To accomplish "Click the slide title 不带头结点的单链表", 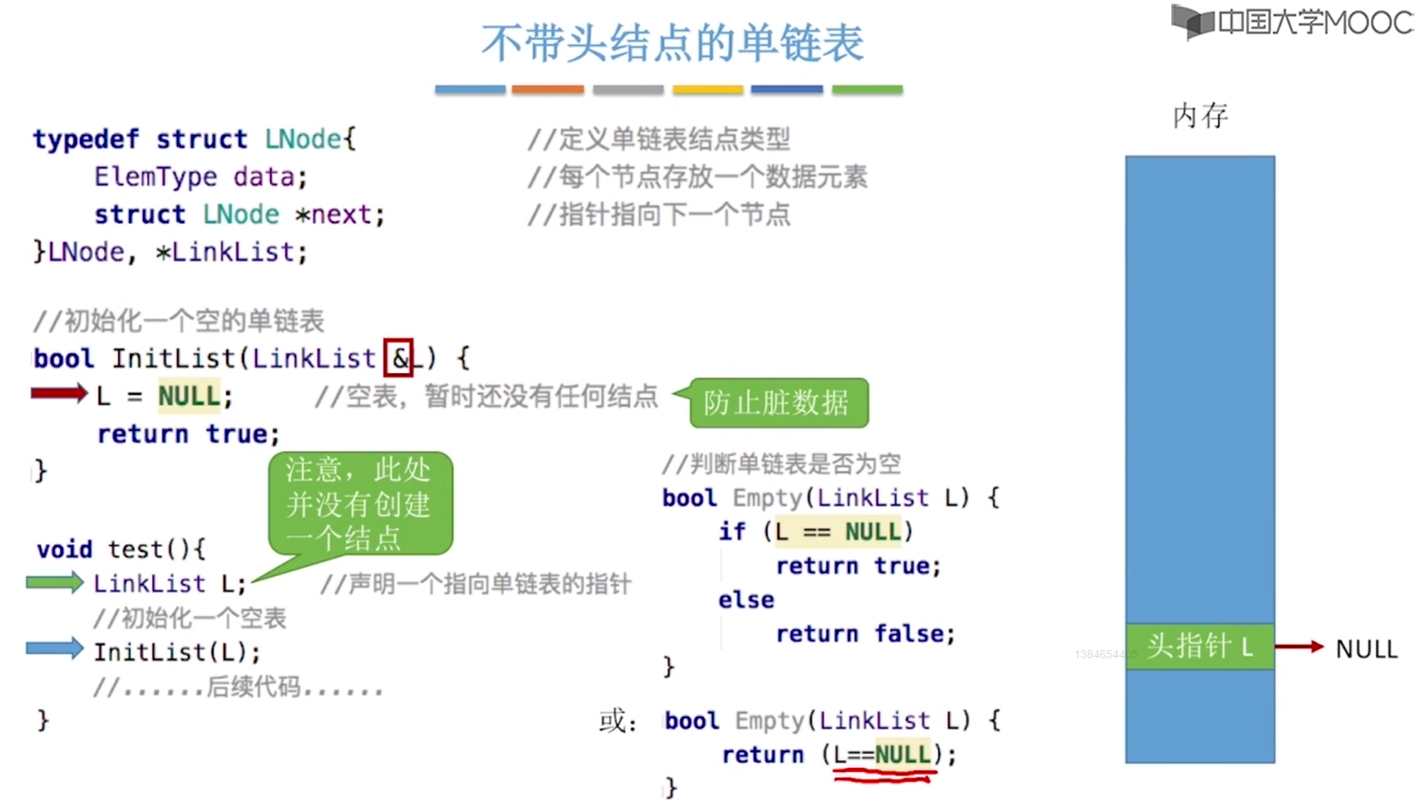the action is pos(672,43).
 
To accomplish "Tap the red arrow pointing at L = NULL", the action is pos(59,394).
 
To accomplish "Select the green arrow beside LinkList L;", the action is pos(55,582).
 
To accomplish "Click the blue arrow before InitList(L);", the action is pos(55,649).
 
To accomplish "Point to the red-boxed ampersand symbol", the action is pos(399,357).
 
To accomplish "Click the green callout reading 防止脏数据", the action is pos(778,402).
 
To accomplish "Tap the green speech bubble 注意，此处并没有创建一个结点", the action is pos(360,504).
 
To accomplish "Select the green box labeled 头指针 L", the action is pos(1200,647).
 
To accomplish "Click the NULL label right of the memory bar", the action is pos(1366,649).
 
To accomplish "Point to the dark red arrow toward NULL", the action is pos(1300,647).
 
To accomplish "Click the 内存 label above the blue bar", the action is pos(1201,116).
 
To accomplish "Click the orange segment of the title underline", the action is pos(548,89).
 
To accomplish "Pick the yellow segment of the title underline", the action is pos(708,89).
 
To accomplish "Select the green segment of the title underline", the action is pos(868,89).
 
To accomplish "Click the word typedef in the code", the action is pos(86,139).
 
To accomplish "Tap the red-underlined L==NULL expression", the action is pos(882,753).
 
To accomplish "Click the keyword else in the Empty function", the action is pos(746,599).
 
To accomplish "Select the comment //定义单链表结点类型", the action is pos(659,139).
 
